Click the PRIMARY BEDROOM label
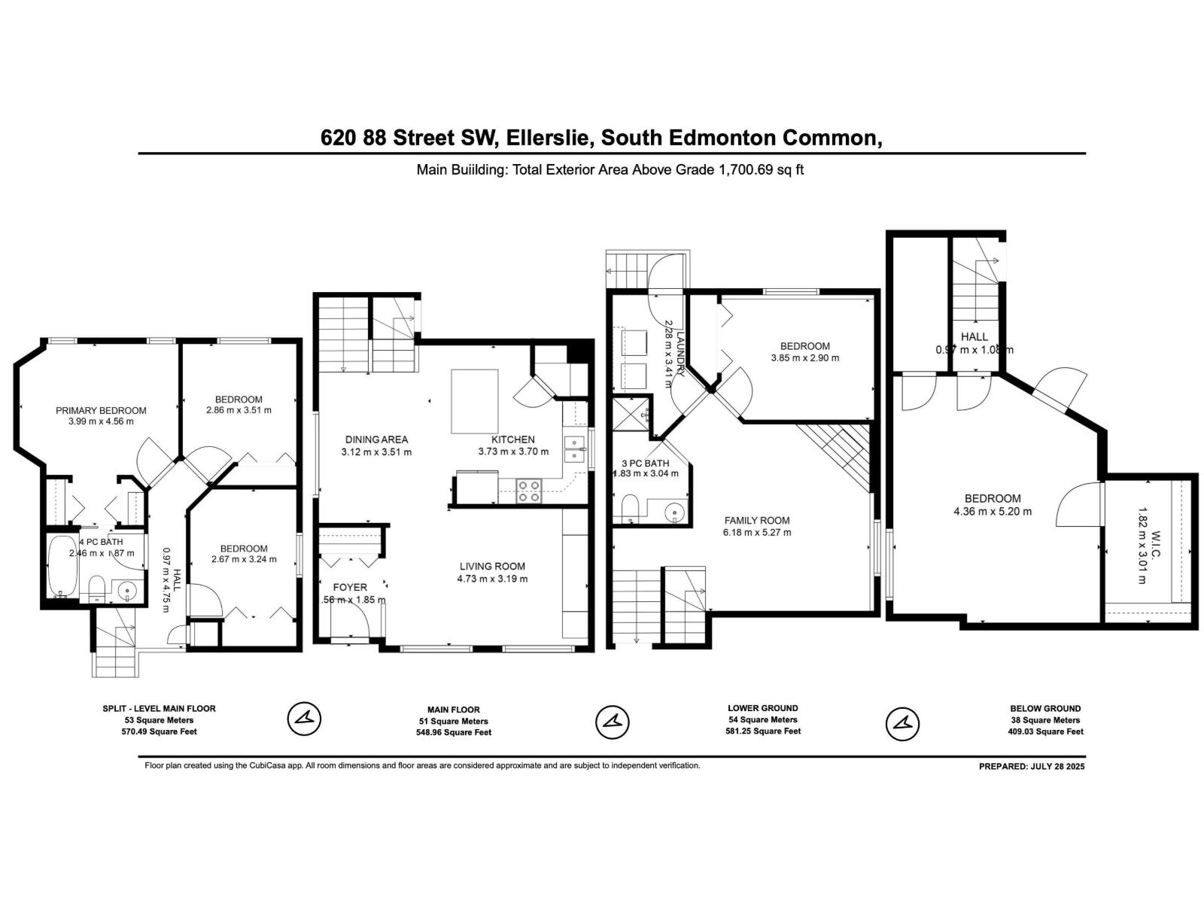(101, 410)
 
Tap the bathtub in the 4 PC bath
(59, 567)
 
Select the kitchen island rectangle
(474, 400)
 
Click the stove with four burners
(529, 491)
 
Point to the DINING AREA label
(376, 439)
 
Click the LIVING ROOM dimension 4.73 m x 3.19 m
(492, 579)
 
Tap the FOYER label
(350, 587)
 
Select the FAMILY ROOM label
(757, 520)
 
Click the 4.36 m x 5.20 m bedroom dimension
(993, 511)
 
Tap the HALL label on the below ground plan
(974, 336)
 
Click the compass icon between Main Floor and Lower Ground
(612, 722)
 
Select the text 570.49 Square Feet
(159, 731)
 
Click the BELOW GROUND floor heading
(1045, 708)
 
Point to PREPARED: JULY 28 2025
(1032, 767)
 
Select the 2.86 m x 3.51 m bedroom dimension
(239, 410)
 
